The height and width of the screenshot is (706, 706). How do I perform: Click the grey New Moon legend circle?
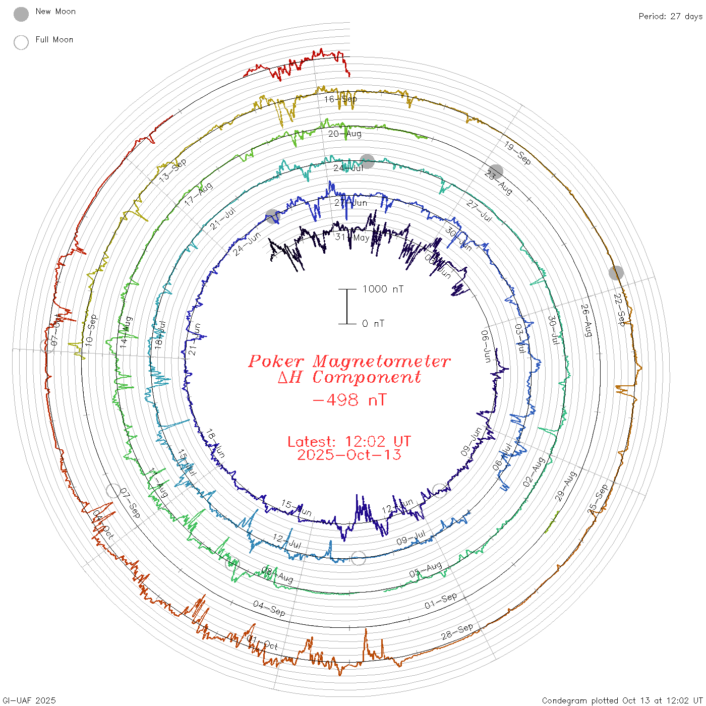(x=21, y=14)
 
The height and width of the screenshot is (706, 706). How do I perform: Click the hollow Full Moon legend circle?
(x=21, y=42)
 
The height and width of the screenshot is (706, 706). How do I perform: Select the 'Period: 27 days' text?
(x=670, y=17)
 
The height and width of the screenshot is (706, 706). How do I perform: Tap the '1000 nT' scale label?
(x=383, y=289)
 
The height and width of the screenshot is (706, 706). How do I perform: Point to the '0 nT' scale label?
(x=373, y=324)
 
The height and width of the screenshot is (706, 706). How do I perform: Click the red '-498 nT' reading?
(x=349, y=400)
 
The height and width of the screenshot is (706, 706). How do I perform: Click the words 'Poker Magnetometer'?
(x=349, y=361)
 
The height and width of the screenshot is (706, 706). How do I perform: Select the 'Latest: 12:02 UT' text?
(x=349, y=442)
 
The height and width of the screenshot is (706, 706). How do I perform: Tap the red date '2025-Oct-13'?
(x=349, y=455)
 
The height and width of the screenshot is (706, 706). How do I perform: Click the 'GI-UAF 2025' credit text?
(x=29, y=700)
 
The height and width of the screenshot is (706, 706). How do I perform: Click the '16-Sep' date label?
(x=340, y=99)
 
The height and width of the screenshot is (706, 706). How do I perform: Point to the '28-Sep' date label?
(x=457, y=631)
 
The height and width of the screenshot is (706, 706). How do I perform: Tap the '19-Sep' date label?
(x=517, y=153)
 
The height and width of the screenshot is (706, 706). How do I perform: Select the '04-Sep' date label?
(x=269, y=608)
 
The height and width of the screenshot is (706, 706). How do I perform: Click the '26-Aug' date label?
(x=586, y=320)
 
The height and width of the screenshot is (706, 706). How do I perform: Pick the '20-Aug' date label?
(x=345, y=134)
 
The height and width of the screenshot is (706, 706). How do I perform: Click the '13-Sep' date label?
(x=172, y=170)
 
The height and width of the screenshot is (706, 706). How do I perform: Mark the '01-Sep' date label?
(x=441, y=600)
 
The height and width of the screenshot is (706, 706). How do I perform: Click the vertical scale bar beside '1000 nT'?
(x=347, y=307)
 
